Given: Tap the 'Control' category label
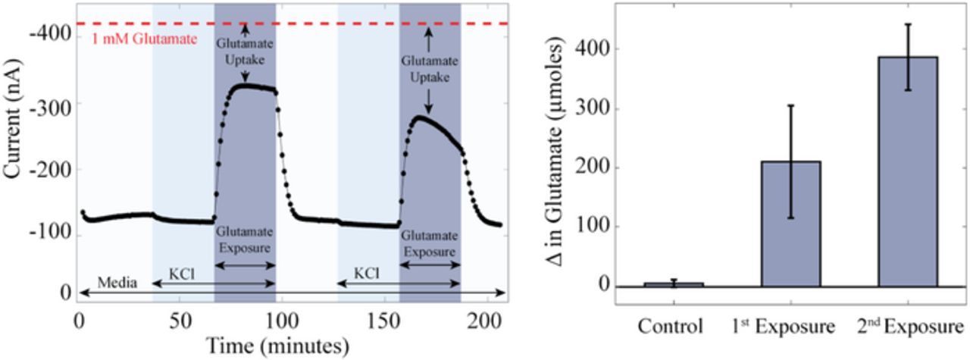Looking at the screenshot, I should point(671,327).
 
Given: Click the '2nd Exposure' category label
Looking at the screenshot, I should point(910,327).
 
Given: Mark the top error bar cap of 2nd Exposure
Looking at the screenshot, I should point(907,24).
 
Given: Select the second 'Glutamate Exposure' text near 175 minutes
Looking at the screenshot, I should point(430,244).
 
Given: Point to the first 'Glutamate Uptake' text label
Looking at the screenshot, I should point(245,52).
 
